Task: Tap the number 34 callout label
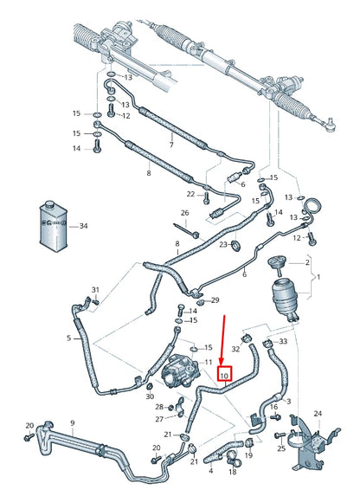coord(83,227)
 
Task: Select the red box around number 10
coord(224,376)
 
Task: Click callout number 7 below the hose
coord(171,144)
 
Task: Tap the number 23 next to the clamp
coord(222,248)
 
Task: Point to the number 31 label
coord(96,289)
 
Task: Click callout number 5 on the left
coord(69,338)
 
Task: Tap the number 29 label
coord(215,300)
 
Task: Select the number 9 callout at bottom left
coord(72,423)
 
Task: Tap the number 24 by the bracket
coord(318,415)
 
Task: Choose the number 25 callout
coord(281,448)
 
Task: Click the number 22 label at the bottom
coord(209,473)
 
